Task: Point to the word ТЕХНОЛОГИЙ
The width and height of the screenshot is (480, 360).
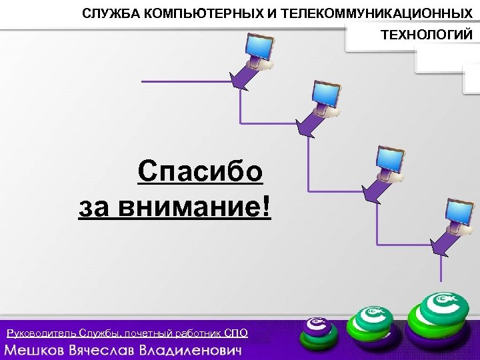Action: [425, 35]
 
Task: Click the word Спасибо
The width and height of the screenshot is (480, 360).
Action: [200, 173]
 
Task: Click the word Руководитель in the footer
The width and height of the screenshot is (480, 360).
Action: [41, 333]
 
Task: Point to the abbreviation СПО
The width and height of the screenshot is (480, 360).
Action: [236, 333]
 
